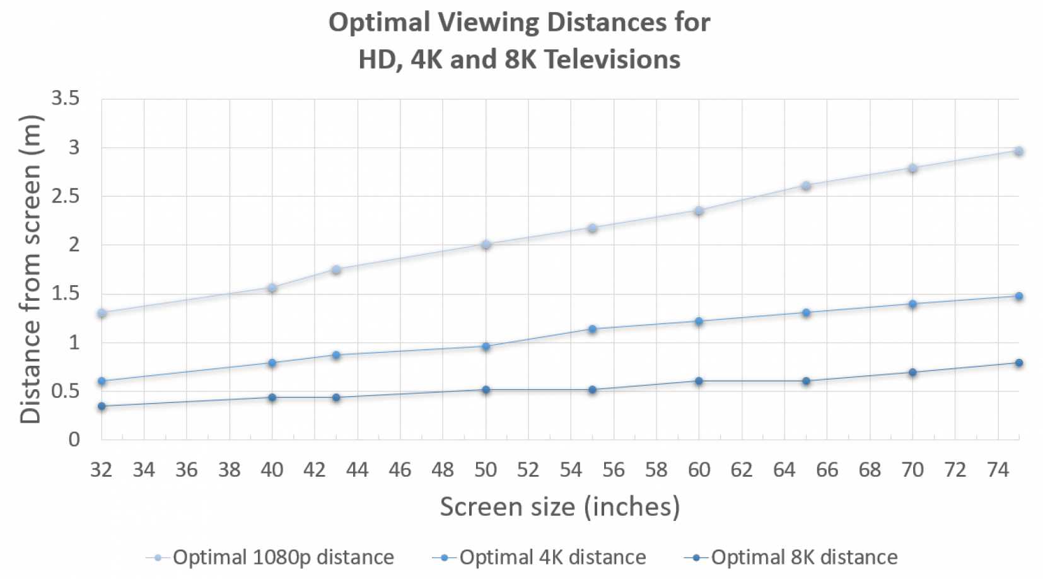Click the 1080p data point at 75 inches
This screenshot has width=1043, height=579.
(x=1018, y=151)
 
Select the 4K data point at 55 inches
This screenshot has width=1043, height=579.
(x=592, y=329)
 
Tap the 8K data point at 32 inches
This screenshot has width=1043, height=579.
(x=102, y=406)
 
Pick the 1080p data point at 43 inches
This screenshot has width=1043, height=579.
(x=336, y=269)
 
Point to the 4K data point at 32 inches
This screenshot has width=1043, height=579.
(x=102, y=381)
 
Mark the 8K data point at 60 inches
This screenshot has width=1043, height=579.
(x=699, y=381)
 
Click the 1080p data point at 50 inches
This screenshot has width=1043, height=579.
(x=486, y=244)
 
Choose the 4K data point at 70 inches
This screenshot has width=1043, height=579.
(x=912, y=303)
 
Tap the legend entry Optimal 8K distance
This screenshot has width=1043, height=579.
(x=791, y=558)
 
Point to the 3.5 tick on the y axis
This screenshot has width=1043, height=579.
(x=66, y=98)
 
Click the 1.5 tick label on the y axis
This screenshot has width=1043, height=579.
(x=66, y=293)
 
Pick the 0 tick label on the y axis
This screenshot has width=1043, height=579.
(x=74, y=439)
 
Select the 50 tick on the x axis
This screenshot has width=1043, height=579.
(x=486, y=470)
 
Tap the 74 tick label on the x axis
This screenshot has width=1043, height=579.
(x=998, y=470)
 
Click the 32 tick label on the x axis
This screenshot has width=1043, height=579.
(x=102, y=470)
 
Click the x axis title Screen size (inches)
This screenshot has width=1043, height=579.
(x=560, y=507)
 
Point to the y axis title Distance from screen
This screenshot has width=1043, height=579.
(x=30, y=269)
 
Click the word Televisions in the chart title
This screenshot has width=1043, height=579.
(x=612, y=60)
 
